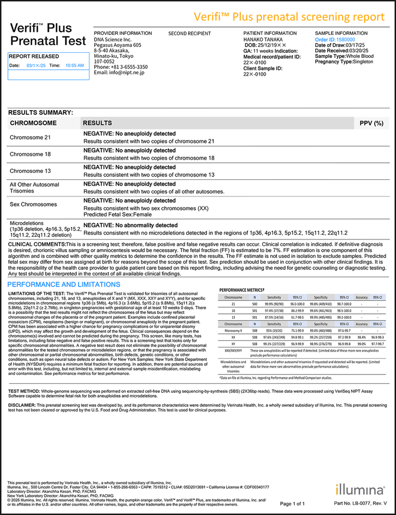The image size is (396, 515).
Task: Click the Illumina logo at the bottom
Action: pos(360,489)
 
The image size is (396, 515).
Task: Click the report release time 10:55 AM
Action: pos(74,66)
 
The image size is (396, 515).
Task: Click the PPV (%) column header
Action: pos(371,123)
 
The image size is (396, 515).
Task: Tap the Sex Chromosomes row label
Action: pos(33,204)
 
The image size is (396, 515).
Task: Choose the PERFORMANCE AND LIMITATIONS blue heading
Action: pos(64,284)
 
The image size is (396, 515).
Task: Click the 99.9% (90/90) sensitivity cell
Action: pos(274,305)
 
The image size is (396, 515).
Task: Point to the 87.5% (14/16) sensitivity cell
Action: pos(274,318)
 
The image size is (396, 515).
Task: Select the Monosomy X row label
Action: pos(233,331)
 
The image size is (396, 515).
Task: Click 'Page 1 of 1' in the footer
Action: pos(293,503)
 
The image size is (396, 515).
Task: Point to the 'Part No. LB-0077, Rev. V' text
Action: pos(360,503)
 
